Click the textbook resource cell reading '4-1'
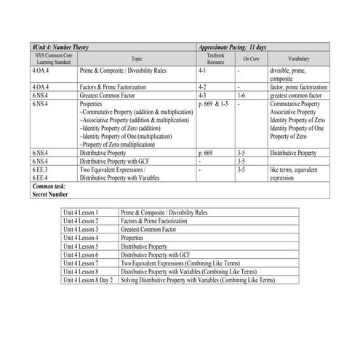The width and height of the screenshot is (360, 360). [x=203, y=72]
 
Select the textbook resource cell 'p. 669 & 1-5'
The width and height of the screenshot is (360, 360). [x=213, y=103]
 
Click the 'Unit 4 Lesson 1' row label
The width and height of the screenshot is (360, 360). [x=81, y=212]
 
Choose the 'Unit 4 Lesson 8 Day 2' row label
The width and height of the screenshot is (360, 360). [x=88, y=279]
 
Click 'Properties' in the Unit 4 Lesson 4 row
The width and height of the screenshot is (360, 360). [x=132, y=237]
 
